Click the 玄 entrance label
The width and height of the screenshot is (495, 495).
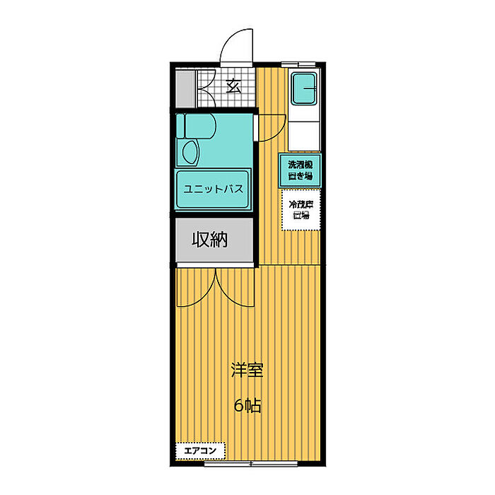[233, 86]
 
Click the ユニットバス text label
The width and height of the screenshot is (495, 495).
[213, 189]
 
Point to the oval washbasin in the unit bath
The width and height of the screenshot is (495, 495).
[190, 152]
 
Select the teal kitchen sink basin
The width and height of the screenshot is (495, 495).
[306, 90]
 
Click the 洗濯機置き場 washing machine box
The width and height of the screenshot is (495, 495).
[300, 170]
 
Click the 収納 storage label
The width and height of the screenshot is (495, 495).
[210, 240]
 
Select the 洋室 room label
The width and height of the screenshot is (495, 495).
[247, 371]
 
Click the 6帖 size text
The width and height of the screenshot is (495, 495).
[248, 406]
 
